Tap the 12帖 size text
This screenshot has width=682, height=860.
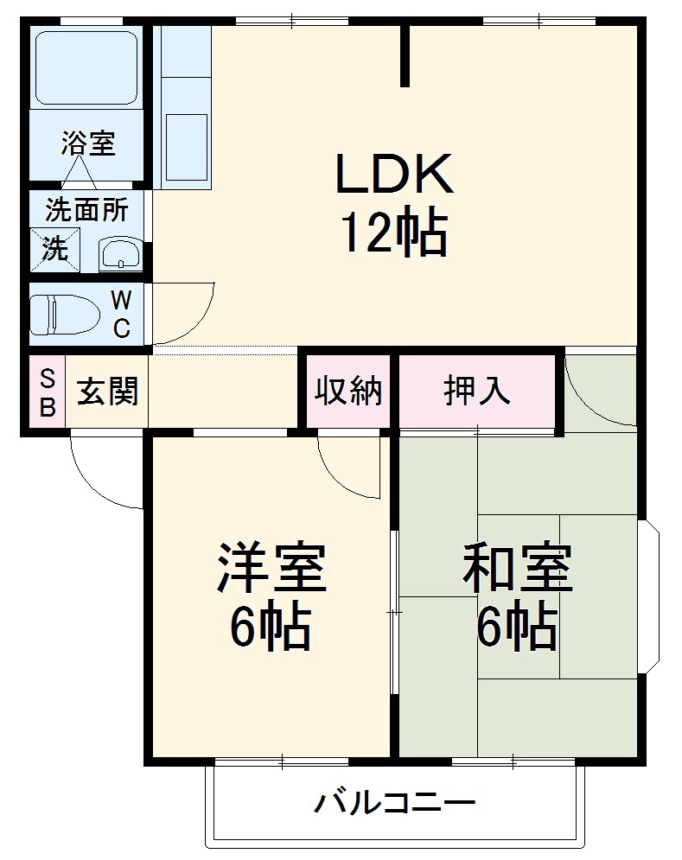394,233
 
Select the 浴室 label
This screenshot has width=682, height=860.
87,143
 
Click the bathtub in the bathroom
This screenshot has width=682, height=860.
86,69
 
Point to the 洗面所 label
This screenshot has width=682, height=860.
87,210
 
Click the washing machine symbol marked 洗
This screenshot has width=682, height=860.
54,250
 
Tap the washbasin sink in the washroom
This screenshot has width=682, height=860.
120,254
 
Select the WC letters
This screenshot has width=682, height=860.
122,315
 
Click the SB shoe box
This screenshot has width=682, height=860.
48,393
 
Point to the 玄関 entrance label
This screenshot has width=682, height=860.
107,393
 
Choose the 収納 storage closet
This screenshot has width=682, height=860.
347,392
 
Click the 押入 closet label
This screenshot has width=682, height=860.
476,392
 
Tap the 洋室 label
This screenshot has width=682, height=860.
271,567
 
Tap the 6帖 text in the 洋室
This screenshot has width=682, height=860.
271,628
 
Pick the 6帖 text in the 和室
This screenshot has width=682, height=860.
517,628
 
